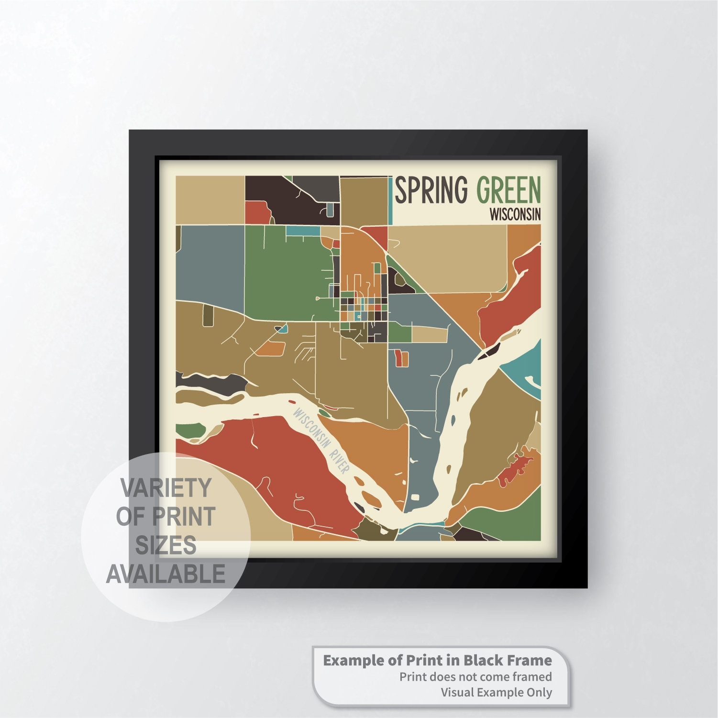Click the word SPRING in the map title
(431, 190)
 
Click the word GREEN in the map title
(508, 190)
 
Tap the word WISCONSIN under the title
(515, 214)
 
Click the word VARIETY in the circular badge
(166, 488)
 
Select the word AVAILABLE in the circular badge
(166, 574)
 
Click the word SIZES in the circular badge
(166, 545)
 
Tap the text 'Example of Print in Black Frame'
(437, 661)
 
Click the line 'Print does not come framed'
(475, 677)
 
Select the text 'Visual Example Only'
(496, 692)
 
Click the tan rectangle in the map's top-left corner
(210, 199)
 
